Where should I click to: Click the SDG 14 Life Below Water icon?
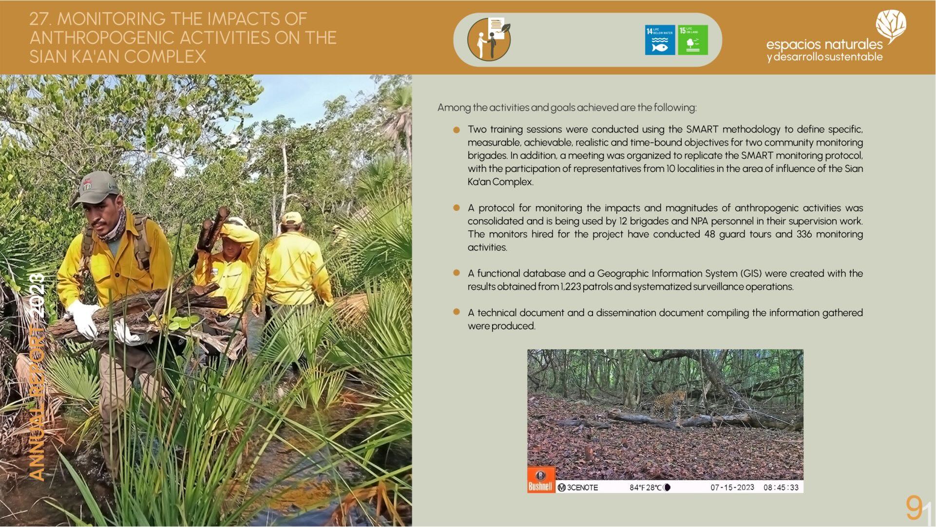coord(660,40)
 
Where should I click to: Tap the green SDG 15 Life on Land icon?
coord(693,40)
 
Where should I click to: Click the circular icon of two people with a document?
coord(489,39)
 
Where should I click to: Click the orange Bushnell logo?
coord(541,480)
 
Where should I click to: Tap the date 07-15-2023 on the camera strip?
coord(732,487)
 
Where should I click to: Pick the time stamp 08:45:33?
coord(781,487)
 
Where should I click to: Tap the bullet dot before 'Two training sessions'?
coord(457,130)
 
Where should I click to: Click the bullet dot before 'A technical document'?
coord(457,312)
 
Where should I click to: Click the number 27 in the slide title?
coord(39,19)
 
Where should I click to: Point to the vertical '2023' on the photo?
coord(37,295)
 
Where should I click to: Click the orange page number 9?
coord(914,508)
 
